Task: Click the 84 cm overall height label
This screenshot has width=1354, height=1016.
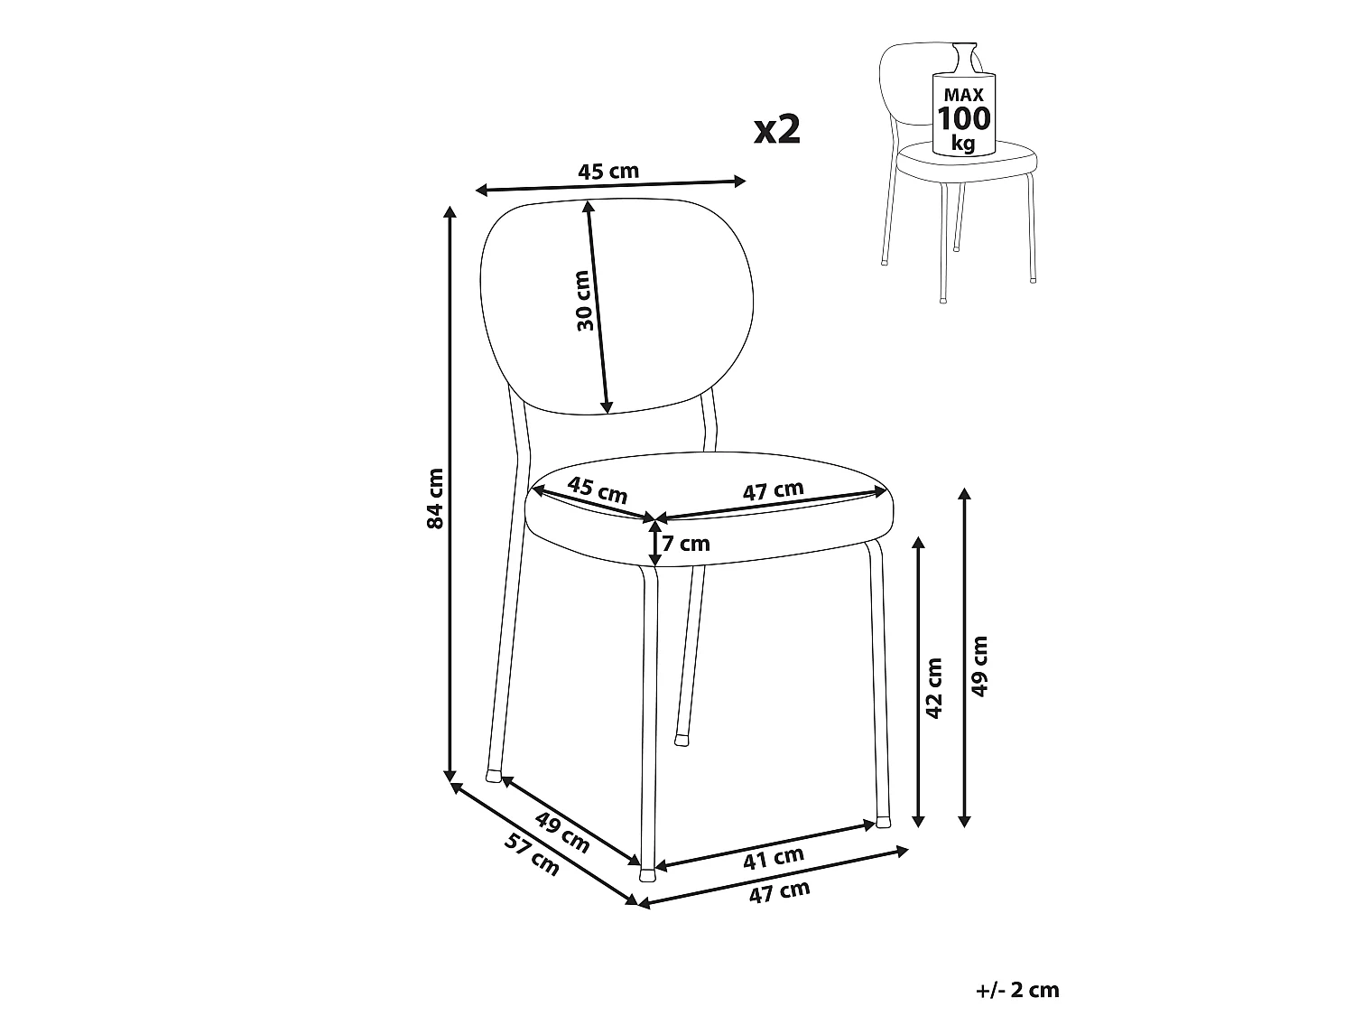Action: click(435, 499)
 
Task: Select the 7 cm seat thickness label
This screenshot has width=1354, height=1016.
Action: click(686, 544)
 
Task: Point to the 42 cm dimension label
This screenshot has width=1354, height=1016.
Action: click(934, 688)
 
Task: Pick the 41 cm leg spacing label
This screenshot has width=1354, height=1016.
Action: click(774, 858)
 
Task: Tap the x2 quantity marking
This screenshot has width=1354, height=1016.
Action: click(777, 130)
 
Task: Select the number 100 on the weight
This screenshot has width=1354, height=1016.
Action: click(963, 117)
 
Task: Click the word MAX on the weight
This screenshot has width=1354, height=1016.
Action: click(963, 95)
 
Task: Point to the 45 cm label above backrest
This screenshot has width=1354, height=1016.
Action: click(608, 171)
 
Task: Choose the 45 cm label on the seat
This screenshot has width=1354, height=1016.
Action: click(598, 489)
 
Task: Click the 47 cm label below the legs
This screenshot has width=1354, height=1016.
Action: click(779, 892)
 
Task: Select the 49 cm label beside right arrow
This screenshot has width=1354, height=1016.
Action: click(979, 666)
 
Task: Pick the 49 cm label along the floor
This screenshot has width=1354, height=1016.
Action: click(562, 832)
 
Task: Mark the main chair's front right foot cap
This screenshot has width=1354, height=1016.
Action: click(884, 823)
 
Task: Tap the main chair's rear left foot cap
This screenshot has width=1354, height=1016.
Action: click(494, 776)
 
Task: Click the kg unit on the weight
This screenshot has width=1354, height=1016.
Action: click(963, 144)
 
